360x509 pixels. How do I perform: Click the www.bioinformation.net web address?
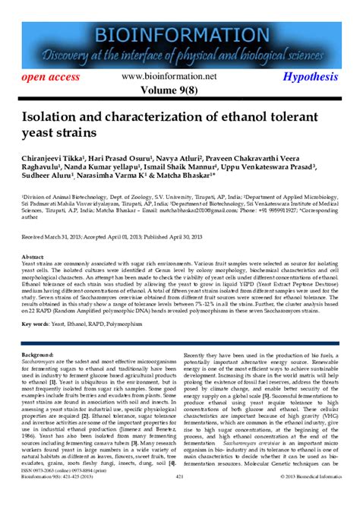[x=179, y=77]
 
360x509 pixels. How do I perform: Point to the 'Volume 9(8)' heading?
[x=179, y=91]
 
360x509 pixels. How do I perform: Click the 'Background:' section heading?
[x=38, y=354]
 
